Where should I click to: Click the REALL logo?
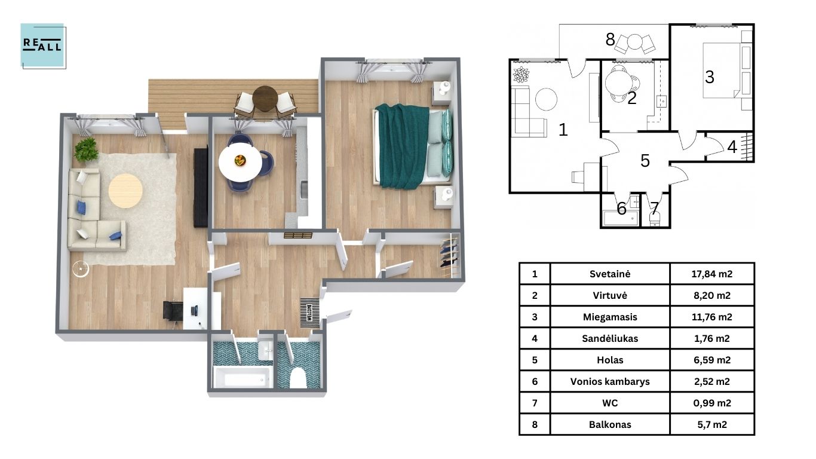43,45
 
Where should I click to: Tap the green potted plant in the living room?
87,149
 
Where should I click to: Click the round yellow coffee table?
125,191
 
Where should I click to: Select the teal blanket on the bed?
402,146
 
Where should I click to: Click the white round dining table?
240,162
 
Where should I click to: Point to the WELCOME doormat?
309,313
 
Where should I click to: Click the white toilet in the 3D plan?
297,378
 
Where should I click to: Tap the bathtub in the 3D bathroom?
243,377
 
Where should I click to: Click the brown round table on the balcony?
265,99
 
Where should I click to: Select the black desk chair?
173,311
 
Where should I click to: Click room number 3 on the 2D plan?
709,77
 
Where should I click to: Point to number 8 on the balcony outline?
610,39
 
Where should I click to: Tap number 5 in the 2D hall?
645,161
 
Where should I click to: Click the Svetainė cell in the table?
610,274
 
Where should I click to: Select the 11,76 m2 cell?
712,317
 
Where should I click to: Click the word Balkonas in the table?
610,424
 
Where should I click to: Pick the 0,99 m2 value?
712,403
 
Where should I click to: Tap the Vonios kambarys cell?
610,381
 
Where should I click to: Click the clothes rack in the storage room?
450,256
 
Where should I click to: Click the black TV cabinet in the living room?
201,186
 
